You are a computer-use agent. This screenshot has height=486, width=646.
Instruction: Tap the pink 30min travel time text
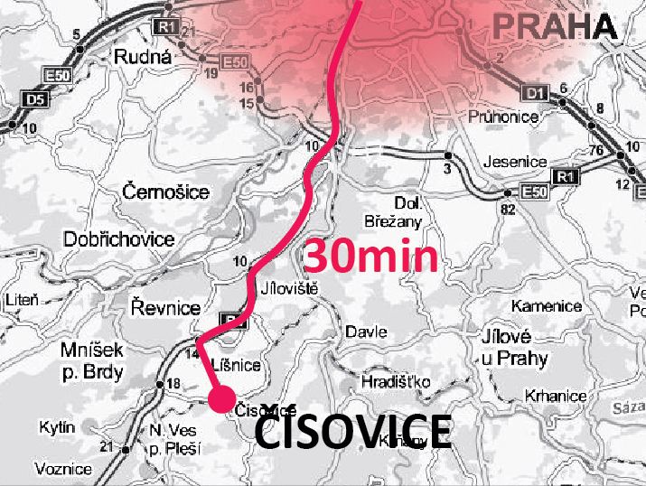click(x=370, y=257)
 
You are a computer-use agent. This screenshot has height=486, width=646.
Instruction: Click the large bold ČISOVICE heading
click(x=353, y=432)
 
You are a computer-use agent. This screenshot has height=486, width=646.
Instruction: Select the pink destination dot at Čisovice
click(x=220, y=398)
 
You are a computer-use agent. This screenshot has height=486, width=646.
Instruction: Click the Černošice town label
click(x=165, y=192)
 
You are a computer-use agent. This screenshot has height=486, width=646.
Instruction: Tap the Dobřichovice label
click(x=118, y=239)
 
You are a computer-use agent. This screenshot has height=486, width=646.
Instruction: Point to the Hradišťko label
click(x=395, y=382)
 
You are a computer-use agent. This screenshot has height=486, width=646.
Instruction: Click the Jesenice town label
click(x=516, y=162)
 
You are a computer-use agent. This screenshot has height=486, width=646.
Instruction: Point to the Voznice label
click(x=63, y=469)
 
